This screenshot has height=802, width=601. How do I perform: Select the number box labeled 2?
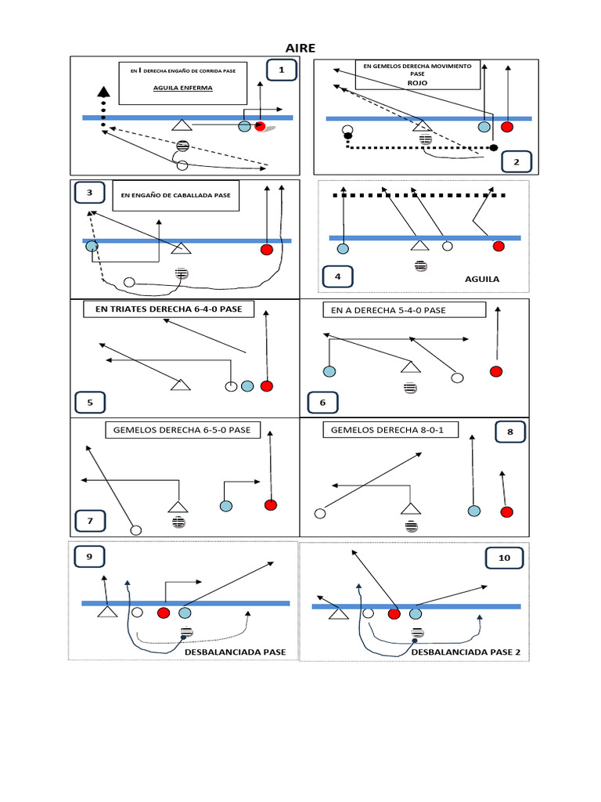(x=516, y=162)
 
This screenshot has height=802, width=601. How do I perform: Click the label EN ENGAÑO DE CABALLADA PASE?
(x=175, y=196)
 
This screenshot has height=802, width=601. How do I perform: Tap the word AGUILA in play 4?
(x=482, y=279)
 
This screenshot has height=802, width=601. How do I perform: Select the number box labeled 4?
(x=337, y=277)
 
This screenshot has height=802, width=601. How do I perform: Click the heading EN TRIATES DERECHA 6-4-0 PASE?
(x=168, y=310)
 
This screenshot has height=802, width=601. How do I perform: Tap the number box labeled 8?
(x=510, y=432)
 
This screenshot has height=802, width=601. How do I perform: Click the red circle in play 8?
(x=506, y=512)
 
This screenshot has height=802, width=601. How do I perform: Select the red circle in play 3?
(x=266, y=250)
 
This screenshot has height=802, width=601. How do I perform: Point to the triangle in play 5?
(x=182, y=384)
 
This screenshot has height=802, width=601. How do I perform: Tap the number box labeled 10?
(x=503, y=558)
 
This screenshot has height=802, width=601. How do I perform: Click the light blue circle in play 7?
(x=225, y=506)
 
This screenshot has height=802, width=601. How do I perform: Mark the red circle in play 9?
(x=163, y=612)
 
